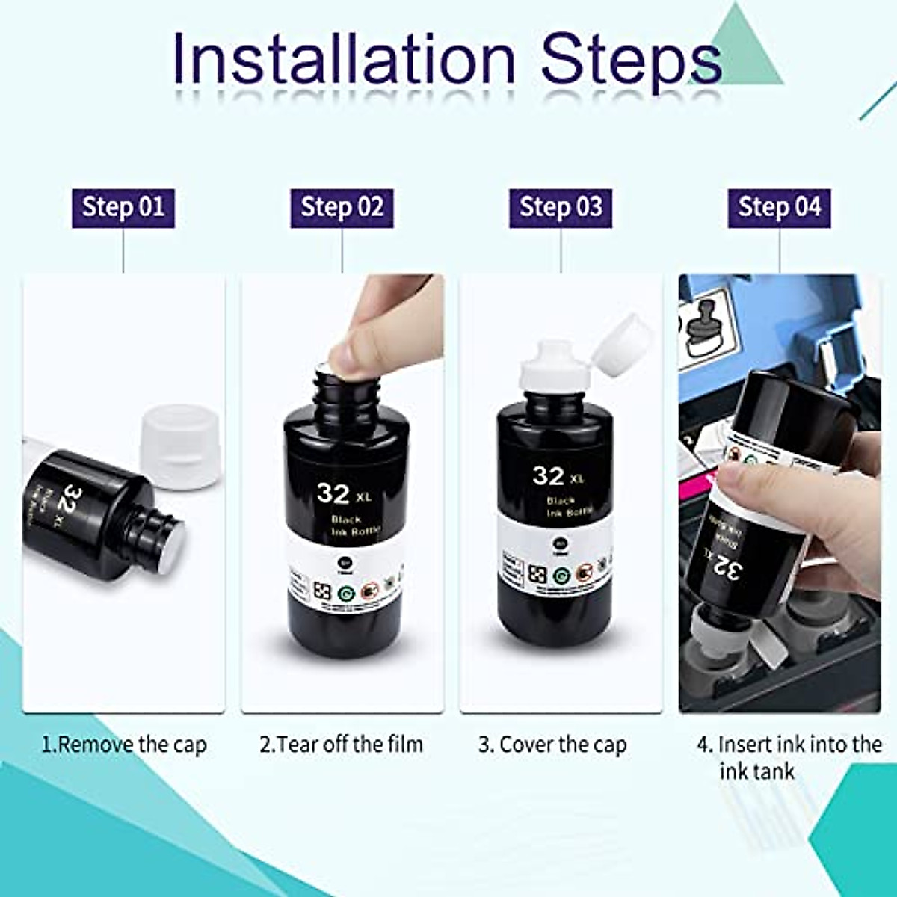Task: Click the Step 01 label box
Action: click(x=123, y=207)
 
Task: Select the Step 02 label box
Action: click(x=342, y=207)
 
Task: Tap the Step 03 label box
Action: click(x=561, y=207)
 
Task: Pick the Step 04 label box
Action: click(x=779, y=207)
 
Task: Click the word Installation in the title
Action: click(x=344, y=58)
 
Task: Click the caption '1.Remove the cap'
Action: click(x=124, y=745)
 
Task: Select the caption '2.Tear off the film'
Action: click(x=342, y=745)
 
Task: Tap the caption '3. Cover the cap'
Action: click(x=553, y=745)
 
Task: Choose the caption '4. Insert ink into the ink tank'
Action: click(x=789, y=756)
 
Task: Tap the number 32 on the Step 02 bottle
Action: click(x=333, y=493)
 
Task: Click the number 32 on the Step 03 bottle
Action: click(x=549, y=475)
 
